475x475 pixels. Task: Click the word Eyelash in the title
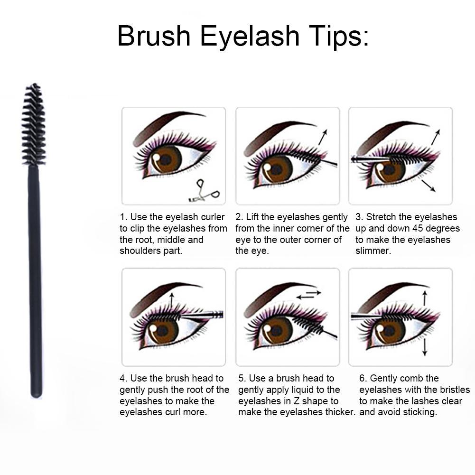250,37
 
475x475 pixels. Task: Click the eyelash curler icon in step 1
204,191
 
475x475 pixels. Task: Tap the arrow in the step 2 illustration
323,137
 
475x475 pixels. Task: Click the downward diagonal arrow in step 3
428,186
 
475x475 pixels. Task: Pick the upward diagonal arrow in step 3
436,137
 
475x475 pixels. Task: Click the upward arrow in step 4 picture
172,300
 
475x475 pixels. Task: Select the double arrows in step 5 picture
308,295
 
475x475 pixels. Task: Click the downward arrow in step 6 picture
424,347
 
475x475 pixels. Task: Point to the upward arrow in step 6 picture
424,298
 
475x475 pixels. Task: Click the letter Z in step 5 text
297,401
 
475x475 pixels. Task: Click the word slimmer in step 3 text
373,251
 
